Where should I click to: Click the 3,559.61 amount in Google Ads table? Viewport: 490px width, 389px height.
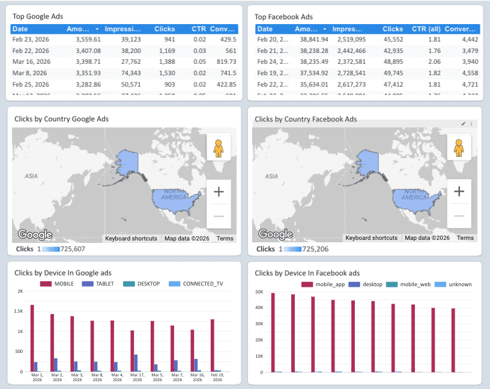click(88, 39)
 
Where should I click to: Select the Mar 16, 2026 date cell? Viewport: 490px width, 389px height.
click(31, 61)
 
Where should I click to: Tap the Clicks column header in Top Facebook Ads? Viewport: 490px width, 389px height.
click(393, 29)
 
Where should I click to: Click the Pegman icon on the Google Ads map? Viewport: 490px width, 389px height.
click(219, 147)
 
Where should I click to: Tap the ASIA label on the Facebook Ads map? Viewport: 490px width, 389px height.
click(272, 176)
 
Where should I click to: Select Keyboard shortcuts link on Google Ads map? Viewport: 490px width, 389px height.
click(131, 238)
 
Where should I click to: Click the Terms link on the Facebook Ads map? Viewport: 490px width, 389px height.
click(465, 238)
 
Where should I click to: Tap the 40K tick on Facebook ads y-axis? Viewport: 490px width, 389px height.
click(259, 307)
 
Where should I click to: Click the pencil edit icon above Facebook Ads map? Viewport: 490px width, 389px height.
click(463, 123)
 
